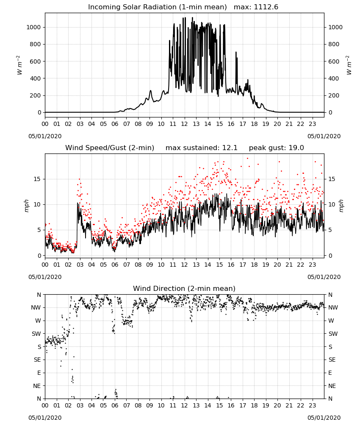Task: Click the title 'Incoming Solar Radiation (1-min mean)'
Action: click(x=158, y=7)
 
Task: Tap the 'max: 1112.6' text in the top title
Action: click(x=256, y=7)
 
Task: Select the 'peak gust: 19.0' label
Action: click(x=276, y=148)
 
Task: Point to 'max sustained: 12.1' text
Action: click(x=202, y=148)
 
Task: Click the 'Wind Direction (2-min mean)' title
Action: click(x=184, y=288)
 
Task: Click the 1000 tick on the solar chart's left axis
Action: click(x=33, y=27)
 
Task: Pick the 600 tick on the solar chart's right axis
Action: click(x=334, y=61)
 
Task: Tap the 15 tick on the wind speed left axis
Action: click(x=37, y=179)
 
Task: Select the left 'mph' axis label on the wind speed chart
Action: click(x=26, y=206)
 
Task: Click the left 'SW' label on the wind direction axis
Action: click(x=36, y=334)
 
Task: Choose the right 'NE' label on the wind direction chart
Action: click(x=332, y=386)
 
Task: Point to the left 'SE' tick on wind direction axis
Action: click(x=37, y=360)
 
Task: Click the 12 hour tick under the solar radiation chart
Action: click(x=184, y=124)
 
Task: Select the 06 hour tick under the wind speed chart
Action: click(x=115, y=265)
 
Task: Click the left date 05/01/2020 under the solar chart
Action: click(x=45, y=136)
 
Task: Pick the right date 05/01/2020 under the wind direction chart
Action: click(x=324, y=418)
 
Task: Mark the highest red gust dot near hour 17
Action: click(x=247, y=159)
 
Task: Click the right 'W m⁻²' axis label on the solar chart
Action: click(x=348, y=65)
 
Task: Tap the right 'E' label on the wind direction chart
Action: click(x=330, y=373)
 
